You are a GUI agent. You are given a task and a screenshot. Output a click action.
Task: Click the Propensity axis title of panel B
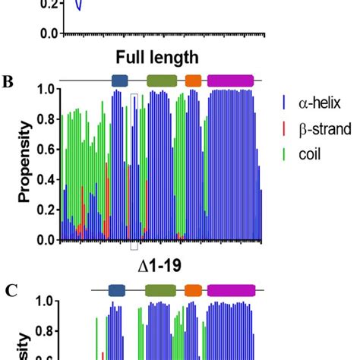(25, 164)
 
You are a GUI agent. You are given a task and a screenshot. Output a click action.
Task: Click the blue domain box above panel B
(120, 81)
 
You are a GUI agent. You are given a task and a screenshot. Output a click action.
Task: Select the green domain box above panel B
(161, 81)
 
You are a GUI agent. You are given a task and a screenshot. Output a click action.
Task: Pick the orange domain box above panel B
(194, 81)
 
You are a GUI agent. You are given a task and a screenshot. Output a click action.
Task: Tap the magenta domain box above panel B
(230, 81)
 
